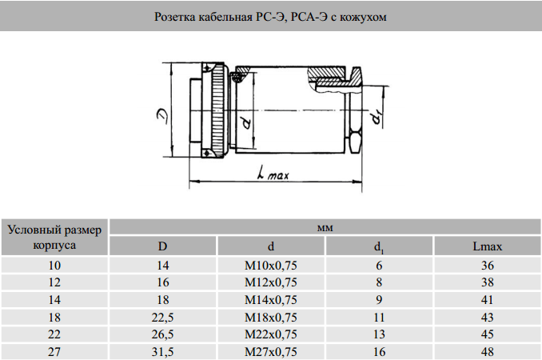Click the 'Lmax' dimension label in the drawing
pos(271,174)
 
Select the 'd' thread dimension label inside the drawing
pos(246,122)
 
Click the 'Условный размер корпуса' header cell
pos(54,238)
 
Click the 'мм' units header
pos(325,227)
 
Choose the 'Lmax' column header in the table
pos(487,246)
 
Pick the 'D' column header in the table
pos(162,246)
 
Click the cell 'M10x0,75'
pos(270,265)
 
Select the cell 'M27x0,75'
pos(270,351)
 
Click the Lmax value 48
pos(487,351)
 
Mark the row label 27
pos(54,351)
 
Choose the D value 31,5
pos(162,351)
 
